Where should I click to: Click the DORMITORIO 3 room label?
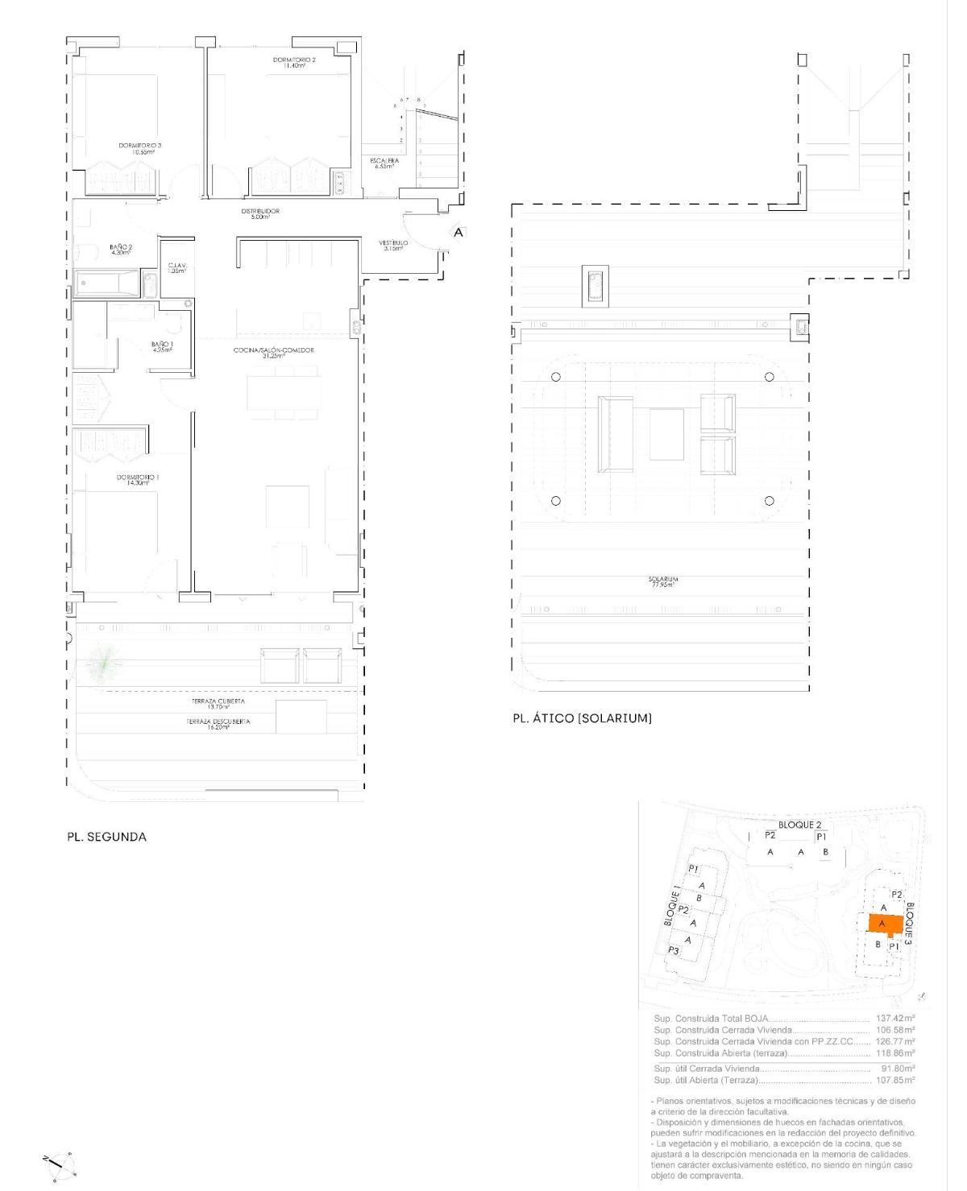[x=139, y=147]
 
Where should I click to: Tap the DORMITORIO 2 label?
[x=288, y=63]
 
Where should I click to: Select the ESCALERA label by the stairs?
[x=384, y=163]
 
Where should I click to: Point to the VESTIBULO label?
[x=393, y=244]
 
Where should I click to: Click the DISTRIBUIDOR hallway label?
[x=259, y=213]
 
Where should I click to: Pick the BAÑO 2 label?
[x=121, y=250]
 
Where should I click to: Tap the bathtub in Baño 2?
[x=109, y=283]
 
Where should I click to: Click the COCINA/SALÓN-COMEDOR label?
[x=273, y=353]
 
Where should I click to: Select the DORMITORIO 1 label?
[x=138, y=480]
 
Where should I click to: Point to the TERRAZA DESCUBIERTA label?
[x=218, y=723]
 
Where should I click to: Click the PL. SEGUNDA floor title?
[x=106, y=837]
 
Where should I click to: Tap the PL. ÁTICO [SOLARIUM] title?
[x=582, y=718]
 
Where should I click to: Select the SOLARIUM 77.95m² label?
[x=662, y=581]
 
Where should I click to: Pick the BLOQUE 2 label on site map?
[x=799, y=825]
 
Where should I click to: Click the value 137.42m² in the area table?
[x=894, y=1019]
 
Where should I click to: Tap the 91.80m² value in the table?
[x=898, y=1069]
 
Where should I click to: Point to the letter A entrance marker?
[x=458, y=233]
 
